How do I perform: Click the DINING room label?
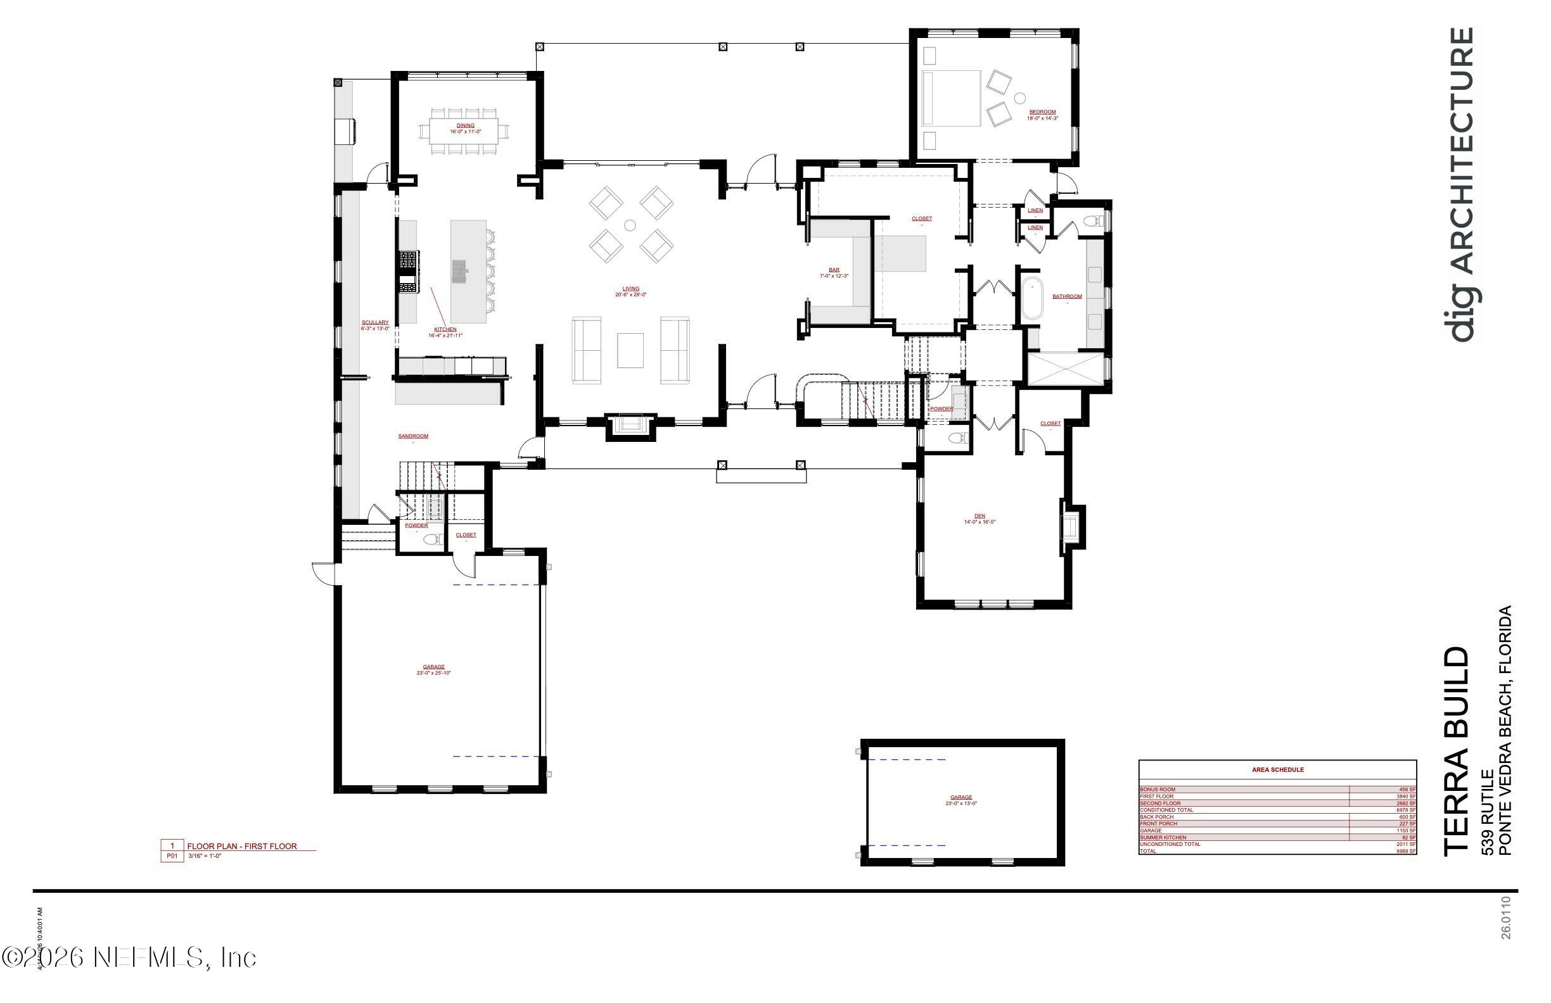pyautogui.click(x=465, y=125)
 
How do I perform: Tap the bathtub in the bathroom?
pyautogui.click(x=1031, y=298)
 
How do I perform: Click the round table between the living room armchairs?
pyautogui.click(x=630, y=225)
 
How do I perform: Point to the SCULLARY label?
pyautogui.click(x=374, y=322)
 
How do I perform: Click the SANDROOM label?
pyautogui.click(x=413, y=436)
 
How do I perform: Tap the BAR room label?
pyautogui.click(x=834, y=270)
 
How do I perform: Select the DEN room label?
pyautogui.click(x=980, y=516)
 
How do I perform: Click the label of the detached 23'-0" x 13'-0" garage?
pyautogui.click(x=961, y=797)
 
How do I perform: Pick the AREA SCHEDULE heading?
pyautogui.click(x=1277, y=770)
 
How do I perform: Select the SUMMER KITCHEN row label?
pyautogui.click(x=1163, y=838)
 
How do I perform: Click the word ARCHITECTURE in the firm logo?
pyautogui.click(x=1464, y=150)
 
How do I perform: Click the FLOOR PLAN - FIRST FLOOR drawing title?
pyautogui.click(x=242, y=846)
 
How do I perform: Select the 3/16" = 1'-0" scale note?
pyautogui.click(x=205, y=857)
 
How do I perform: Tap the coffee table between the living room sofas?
pyautogui.click(x=630, y=350)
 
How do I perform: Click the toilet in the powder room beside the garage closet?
pyautogui.click(x=430, y=539)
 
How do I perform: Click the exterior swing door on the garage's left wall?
pyautogui.click(x=324, y=573)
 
